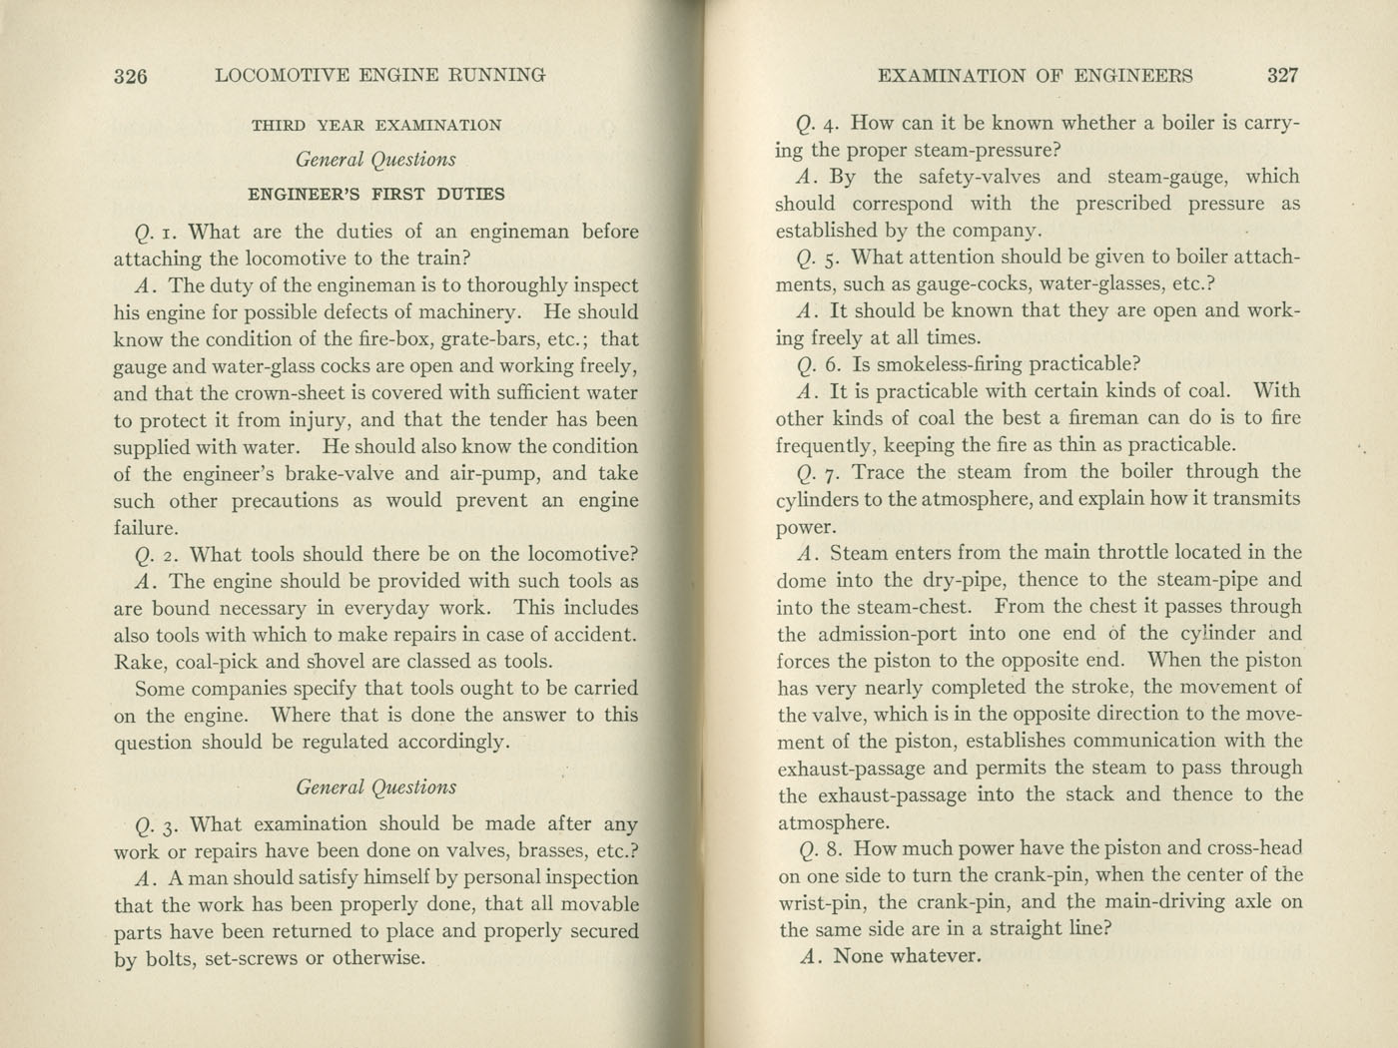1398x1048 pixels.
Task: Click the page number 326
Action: pyautogui.click(x=131, y=76)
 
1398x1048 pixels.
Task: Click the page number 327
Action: pyautogui.click(x=1281, y=75)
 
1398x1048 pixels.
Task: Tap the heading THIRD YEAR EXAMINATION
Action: pyautogui.click(x=376, y=126)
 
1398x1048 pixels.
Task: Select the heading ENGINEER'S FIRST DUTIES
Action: pyautogui.click(x=376, y=195)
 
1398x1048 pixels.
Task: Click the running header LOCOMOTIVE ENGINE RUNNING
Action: pyautogui.click(x=380, y=75)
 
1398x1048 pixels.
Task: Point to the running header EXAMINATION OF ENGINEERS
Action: pyautogui.click(x=1034, y=75)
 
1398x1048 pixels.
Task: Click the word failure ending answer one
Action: pyautogui.click(x=146, y=528)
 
